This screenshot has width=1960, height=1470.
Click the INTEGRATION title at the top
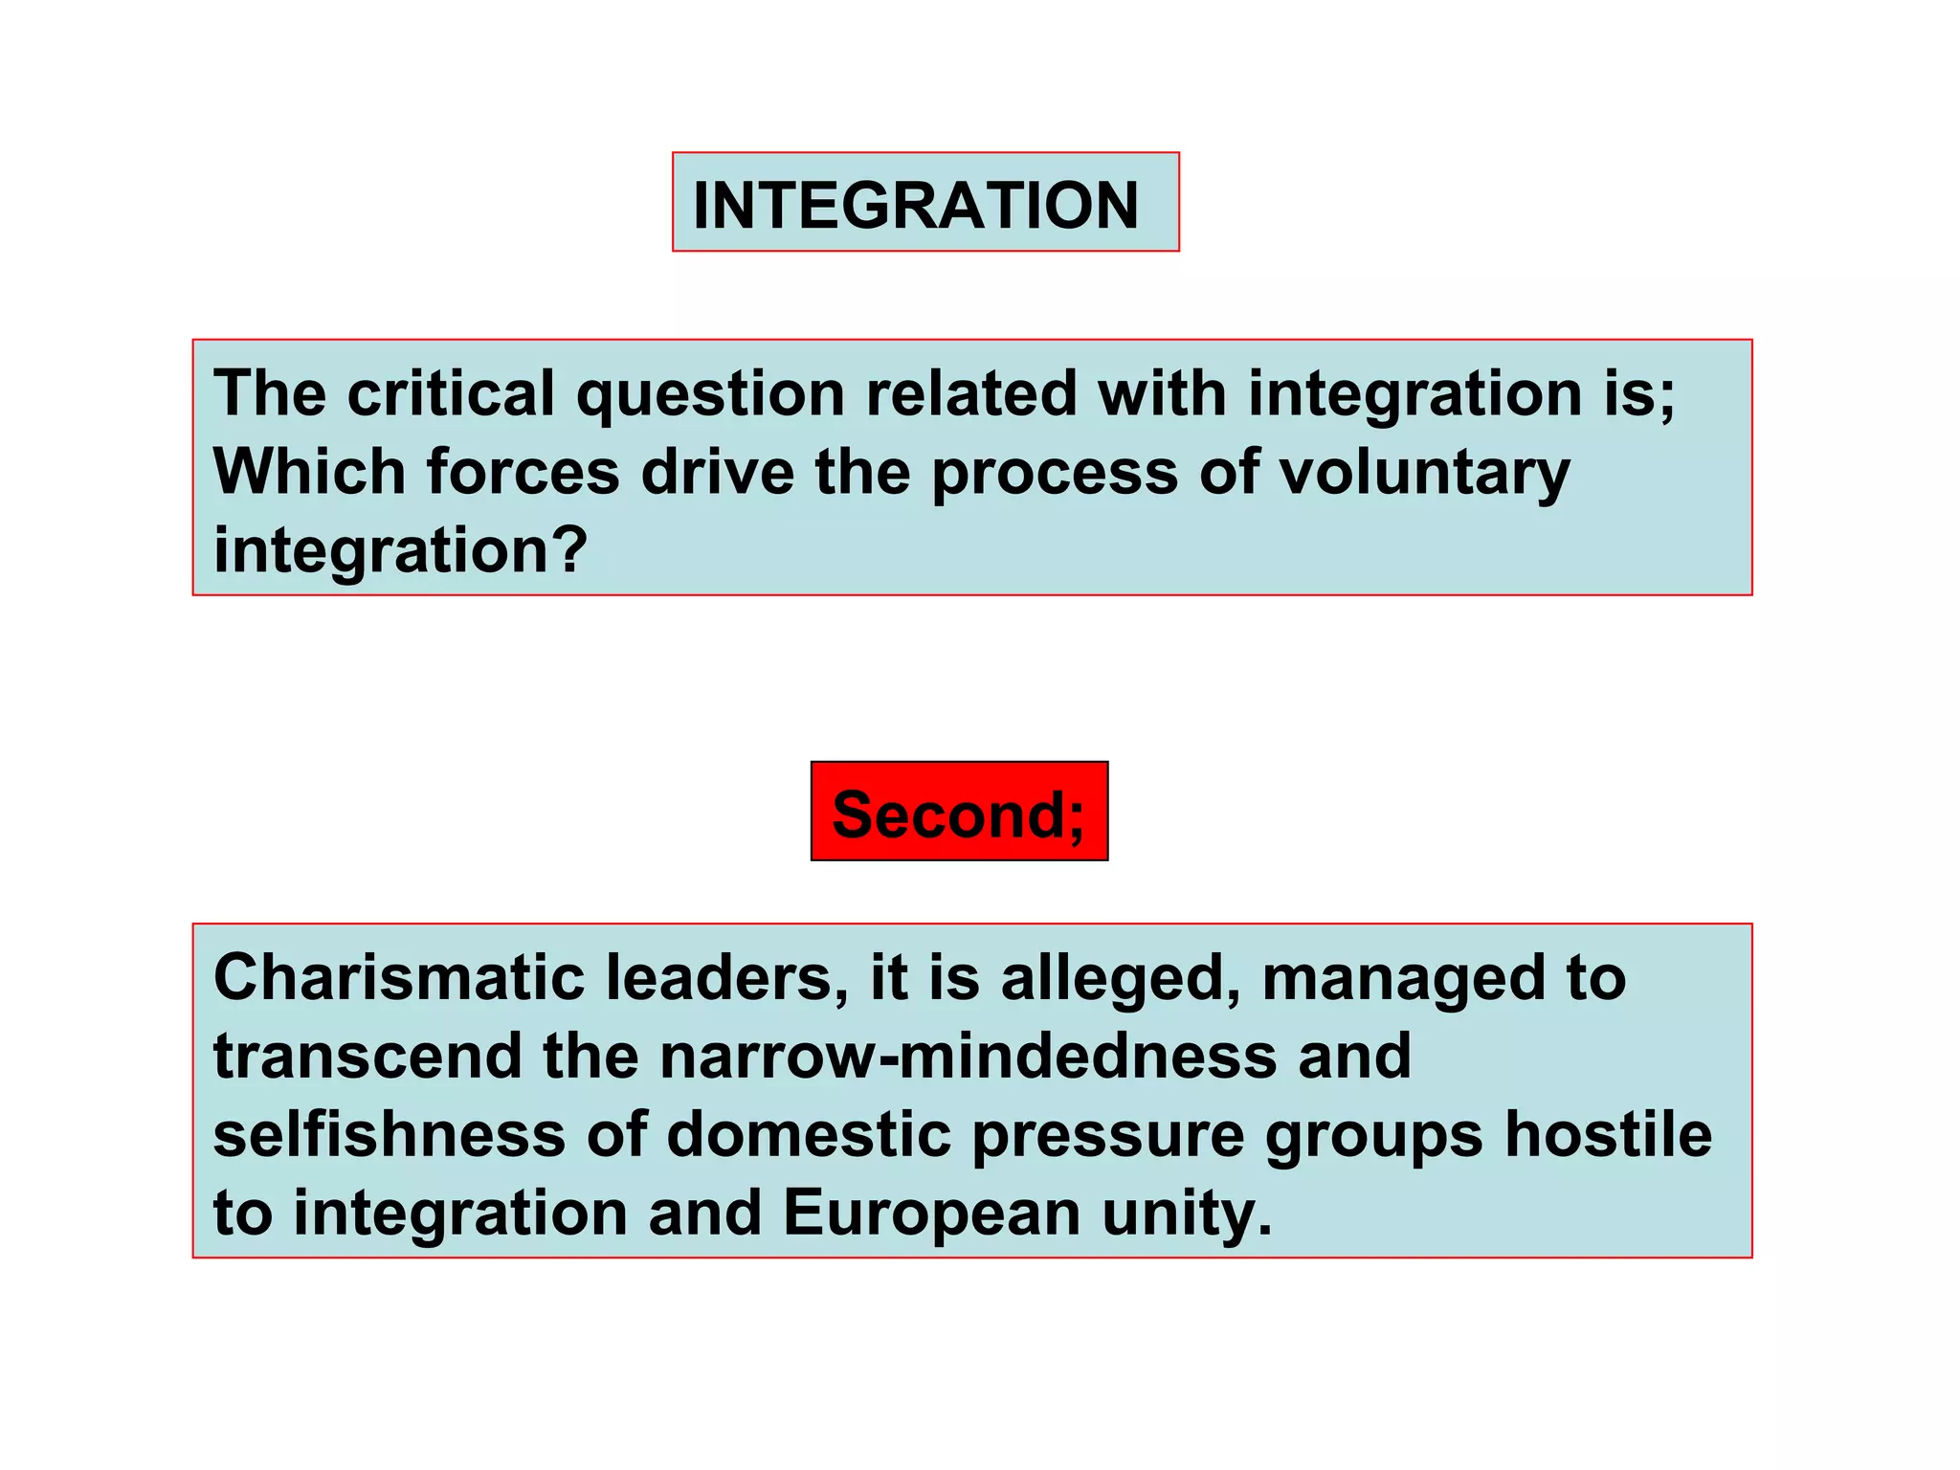(x=916, y=205)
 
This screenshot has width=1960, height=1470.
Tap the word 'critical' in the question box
(x=450, y=393)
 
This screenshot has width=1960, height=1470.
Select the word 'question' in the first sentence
(x=710, y=395)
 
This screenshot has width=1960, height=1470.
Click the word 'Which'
(x=309, y=472)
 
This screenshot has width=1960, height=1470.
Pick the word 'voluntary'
(x=1425, y=474)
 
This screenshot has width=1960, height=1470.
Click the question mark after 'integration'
(x=571, y=550)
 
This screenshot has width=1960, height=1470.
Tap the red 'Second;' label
(x=959, y=813)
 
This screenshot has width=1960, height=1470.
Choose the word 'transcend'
(x=367, y=1057)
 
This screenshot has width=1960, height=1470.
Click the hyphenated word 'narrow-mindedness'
(x=969, y=1057)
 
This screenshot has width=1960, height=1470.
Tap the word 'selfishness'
(x=390, y=1135)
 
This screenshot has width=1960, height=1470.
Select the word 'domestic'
(x=809, y=1135)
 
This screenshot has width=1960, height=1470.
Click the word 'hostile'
(x=1608, y=1135)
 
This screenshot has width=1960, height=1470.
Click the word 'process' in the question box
(x=1055, y=474)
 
